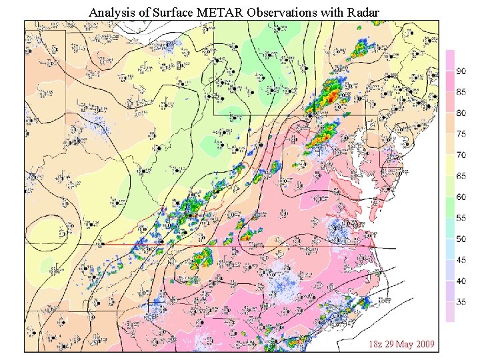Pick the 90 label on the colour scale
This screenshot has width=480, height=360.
(x=461, y=71)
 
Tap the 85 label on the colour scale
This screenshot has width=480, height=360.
(x=461, y=92)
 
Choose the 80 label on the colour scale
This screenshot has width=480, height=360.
(x=461, y=113)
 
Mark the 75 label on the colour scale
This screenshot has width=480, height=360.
(x=461, y=134)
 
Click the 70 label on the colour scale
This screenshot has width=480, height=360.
(x=461, y=155)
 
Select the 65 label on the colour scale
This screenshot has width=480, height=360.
(x=461, y=176)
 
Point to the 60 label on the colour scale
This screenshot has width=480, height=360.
(x=461, y=197)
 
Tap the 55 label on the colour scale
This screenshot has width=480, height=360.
(x=461, y=218)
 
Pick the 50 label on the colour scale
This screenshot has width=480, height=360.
(x=461, y=239)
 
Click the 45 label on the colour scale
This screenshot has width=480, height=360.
(x=461, y=260)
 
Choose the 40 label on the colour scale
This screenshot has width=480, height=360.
(x=461, y=281)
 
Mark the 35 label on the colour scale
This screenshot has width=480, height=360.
(x=461, y=302)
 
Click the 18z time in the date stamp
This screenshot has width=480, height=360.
(x=377, y=344)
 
